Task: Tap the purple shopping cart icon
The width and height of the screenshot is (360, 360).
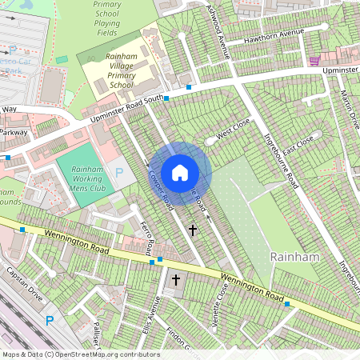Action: point(314,61)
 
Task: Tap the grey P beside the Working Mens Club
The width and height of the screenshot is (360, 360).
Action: point(120,172)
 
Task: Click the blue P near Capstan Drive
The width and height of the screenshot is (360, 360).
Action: point(49,321)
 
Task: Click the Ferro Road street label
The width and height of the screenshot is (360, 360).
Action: point(148,235)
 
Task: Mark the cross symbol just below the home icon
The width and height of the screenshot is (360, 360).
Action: point(192,230)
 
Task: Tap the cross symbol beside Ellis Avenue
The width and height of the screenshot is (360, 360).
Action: point(176,280)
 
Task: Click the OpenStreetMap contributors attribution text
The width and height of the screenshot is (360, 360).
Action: point(81,354)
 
